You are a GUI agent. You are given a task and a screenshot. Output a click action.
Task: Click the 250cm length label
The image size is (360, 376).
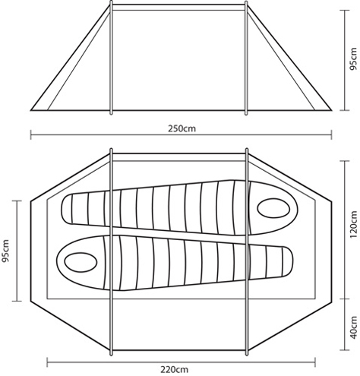(x=182, y=128)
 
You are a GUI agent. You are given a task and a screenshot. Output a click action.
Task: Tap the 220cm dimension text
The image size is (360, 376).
(x=174, y=369)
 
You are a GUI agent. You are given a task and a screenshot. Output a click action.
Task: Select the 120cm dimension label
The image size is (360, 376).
(x=353, y=225)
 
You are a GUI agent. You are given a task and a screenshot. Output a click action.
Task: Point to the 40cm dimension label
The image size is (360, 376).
(x=353, y=327)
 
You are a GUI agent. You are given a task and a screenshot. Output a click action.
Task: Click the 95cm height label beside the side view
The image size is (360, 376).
(x=352, y=60)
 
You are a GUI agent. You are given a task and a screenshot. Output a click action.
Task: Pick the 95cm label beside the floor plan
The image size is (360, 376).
(x=5, y=251)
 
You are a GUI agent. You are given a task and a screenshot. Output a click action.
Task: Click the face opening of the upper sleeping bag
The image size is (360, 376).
(x=273, y=208)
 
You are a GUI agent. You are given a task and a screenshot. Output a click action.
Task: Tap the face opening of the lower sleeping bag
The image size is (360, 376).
(x=81, y=261)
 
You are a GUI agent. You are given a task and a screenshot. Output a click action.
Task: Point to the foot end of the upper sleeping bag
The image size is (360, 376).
(x=66, y=209)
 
